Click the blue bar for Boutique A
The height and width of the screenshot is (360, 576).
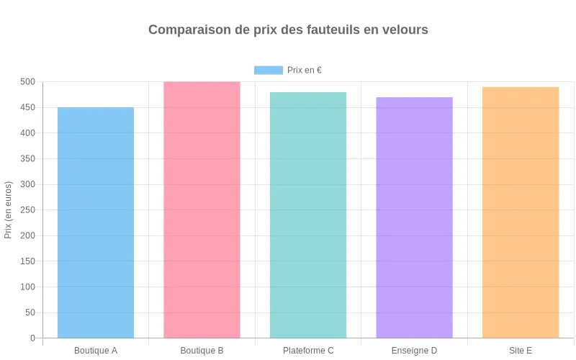[96, 222]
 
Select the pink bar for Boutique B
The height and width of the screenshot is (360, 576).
[202, 210]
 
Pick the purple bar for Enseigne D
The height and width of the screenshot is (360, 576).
[414, 217]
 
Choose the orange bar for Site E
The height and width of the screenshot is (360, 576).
[521, 212]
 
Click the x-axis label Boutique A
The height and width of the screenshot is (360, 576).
[96, 351]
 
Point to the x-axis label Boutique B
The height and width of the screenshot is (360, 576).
[202, 351]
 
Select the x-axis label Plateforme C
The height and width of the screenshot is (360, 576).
[308, 351]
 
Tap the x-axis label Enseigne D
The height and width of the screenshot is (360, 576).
[414, 351]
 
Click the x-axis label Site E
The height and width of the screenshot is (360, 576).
[521, 351]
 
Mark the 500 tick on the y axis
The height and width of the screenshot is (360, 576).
[27, 82]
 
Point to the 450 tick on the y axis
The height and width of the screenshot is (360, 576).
[27, 107]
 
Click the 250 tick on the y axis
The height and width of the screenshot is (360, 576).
[27, 184]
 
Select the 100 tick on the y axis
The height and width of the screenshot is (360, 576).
[27, 287]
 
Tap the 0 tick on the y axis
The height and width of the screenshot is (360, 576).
[32, 338]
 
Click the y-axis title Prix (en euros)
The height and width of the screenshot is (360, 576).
[9, 210]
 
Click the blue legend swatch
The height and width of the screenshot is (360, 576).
[268, 70]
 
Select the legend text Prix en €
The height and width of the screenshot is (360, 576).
[304, 70]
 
